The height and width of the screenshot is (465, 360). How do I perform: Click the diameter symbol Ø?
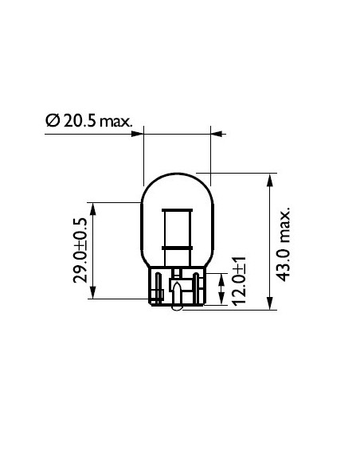(53, 121)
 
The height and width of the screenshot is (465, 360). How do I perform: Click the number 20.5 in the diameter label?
(79, 121)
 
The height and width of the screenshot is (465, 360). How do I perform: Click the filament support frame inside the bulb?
(176, 231)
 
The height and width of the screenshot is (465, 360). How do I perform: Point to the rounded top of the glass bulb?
(176, 175)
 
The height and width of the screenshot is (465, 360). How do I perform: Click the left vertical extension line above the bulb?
(143, 151)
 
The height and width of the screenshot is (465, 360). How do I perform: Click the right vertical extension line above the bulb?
(209, 147)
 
